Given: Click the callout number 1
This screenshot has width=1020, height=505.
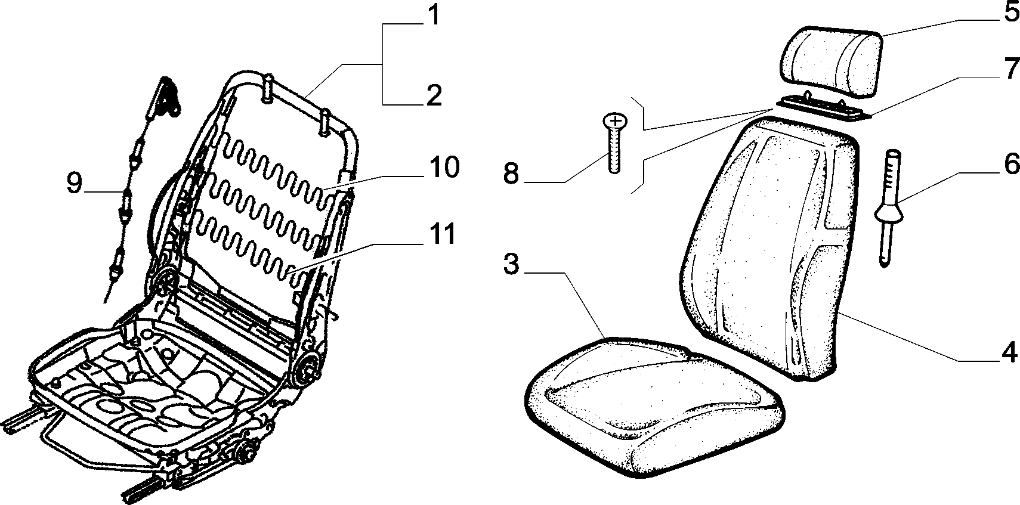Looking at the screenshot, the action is pos(434,14).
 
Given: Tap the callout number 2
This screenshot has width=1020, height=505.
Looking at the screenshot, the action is pos(434,95).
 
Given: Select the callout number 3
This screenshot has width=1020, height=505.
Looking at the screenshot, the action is pos(511,264).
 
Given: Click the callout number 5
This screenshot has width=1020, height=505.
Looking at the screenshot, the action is pos(1010,12).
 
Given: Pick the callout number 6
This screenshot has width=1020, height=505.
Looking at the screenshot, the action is pos(1011,164).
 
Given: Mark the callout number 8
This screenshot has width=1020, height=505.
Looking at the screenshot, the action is pos(511,174).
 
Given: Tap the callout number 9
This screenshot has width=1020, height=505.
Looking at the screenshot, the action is pos(74,184).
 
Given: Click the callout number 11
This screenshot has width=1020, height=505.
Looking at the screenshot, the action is pos(441,234).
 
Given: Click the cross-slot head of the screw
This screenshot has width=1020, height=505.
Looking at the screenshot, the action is pos(615,120).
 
